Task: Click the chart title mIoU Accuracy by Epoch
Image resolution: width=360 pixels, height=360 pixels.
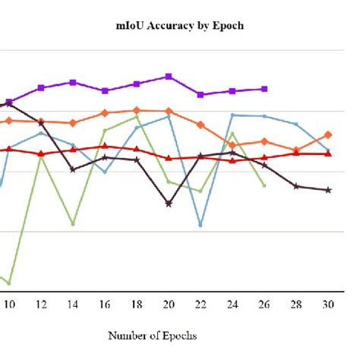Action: pos(180,26)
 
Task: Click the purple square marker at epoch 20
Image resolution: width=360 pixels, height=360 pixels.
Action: pos(169,76)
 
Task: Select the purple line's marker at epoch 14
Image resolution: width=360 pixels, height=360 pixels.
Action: pos(73,82)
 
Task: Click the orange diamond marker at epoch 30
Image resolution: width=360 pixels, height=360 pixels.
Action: pos(328,134)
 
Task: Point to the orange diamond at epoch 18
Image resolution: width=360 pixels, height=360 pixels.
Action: pos(137,111)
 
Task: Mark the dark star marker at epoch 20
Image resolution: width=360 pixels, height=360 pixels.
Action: pos(169,204)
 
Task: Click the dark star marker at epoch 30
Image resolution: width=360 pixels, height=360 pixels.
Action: pos(328,190)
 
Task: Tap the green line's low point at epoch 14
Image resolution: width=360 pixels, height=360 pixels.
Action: pos(73,224)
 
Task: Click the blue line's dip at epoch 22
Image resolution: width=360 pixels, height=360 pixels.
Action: pos(201,226)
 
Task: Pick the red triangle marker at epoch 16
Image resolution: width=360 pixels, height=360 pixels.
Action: pos(105,146)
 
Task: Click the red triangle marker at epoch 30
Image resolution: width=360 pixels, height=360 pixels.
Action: pos(328,153)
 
